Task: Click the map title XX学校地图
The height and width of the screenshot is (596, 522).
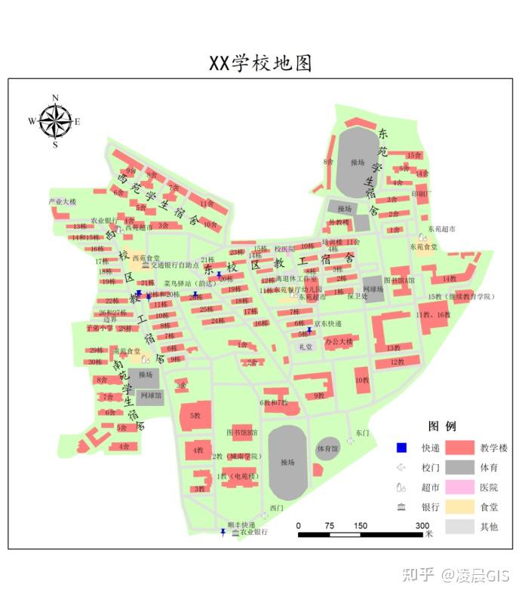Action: [260, 63]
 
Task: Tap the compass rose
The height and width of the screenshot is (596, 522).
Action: [55, 121]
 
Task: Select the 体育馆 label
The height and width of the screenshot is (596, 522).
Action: [327, 448]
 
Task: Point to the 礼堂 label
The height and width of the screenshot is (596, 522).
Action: [305, 347]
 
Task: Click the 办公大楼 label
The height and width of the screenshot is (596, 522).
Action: [339, 341]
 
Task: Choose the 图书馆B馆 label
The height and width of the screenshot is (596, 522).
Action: [242, 432]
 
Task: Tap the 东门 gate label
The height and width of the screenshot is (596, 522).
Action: [362, 433]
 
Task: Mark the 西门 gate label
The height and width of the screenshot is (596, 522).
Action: [277, 507]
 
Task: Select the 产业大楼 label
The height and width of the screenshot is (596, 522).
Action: [63, 202]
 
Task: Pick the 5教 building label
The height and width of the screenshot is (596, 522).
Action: [195, 415]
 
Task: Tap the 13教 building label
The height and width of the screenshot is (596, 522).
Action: [393, 348]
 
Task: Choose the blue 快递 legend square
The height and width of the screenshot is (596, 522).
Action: [401, 447]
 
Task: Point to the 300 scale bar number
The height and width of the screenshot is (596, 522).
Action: [422, 525]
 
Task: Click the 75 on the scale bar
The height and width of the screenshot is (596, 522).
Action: [329, 525]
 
